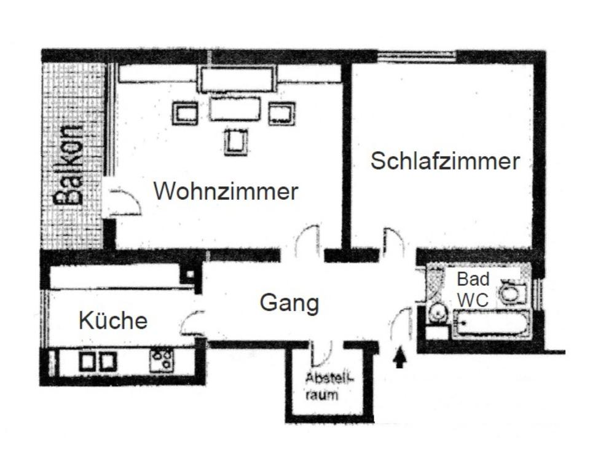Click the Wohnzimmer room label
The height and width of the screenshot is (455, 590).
click(x=226, y=191)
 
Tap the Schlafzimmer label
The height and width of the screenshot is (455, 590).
click(x=445, y=161)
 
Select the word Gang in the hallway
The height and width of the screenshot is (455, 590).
click(x=289, y=303)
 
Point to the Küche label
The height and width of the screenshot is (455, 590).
click(x=113, y=320)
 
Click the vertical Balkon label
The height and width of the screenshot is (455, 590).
click(x=69, y=164)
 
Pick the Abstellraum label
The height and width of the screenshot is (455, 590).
click(x=321, y=386)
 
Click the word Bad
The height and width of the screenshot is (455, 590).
click(x=473, y=279)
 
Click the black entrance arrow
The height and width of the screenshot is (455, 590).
click(x=399, y=357)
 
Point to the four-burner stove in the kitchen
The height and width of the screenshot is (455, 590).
click(x=162, y=360)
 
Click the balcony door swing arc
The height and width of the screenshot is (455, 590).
click(x=125, y=202)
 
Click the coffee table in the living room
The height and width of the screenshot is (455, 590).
click(x=234, y=109)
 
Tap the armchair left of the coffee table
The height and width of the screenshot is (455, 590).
click(x=185, y=113)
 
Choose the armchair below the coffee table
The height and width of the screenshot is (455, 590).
click(x=235, y=141)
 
